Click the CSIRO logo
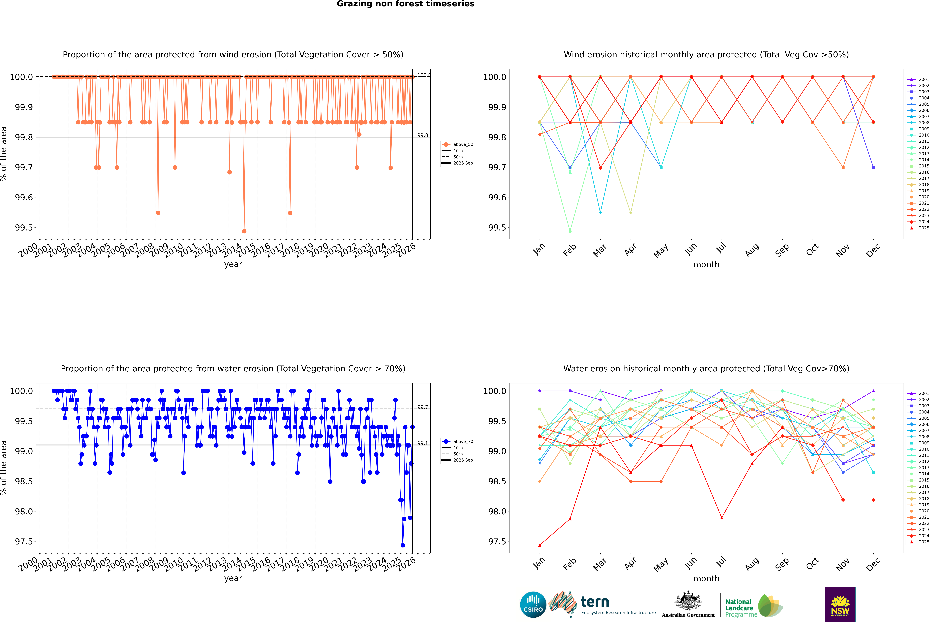tap(533, 605)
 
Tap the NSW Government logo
tap(840, 605)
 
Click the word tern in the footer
tap(594, 602)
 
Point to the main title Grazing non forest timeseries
tap(406, 4)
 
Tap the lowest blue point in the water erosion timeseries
tap(403, 545)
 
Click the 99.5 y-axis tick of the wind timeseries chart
tap(24, 228)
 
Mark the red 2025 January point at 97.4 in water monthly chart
tap(540, 545)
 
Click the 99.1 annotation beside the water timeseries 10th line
tap(423, 443)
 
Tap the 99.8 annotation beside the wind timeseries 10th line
tap(423, 135)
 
